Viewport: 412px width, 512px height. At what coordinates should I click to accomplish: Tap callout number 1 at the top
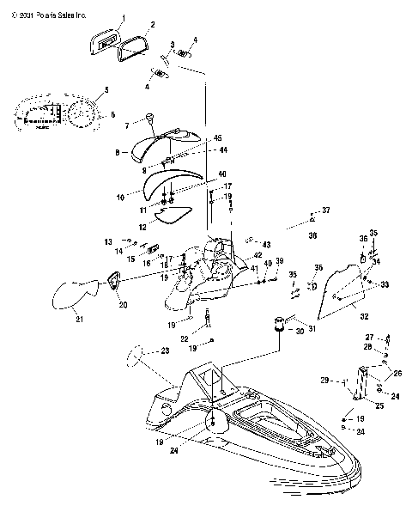[122, 18]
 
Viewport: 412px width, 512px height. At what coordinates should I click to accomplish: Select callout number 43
[266, 243]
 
